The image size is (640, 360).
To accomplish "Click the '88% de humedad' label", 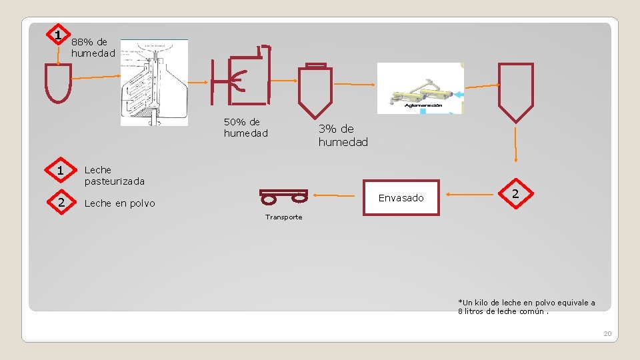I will point(93,47).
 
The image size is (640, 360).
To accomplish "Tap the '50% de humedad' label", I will point(245,127).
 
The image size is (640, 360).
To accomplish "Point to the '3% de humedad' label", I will point(343,135).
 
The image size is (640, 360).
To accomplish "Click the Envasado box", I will point(401,197).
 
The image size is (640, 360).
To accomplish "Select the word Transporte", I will point(283,217).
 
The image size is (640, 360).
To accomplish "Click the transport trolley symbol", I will point(283,196).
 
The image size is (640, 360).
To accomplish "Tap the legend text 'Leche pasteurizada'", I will point(114,175).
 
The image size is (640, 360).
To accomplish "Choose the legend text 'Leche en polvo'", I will point(119,203).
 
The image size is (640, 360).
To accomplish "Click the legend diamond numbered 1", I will point(60,171).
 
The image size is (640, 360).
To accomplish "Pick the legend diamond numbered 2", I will point(60,203).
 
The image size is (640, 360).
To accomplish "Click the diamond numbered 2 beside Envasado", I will point(514,194).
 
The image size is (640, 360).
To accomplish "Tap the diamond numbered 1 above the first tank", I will point(59,35).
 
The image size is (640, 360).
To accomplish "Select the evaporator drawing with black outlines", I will point(154,82).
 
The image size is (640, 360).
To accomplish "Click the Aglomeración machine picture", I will point(420,88).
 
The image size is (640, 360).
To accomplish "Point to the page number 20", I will point(607,333).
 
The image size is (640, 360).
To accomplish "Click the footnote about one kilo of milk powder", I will point(526,307).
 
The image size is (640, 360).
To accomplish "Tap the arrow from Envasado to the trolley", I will point(337,195).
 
